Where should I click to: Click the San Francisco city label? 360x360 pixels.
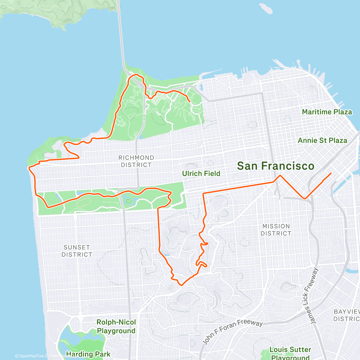click(275, 166)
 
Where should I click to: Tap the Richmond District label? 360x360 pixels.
click(136, 161)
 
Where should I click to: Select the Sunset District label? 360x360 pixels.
click(77, 251)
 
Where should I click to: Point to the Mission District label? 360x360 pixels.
click(276, 230)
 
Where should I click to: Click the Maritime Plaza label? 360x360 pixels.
click(327, 112)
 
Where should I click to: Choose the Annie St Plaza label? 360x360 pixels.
click(322, 140)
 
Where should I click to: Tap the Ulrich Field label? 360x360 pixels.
click(201, 173)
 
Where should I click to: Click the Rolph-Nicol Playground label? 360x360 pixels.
click(116, 326)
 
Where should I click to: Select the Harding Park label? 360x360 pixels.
click(88, 354)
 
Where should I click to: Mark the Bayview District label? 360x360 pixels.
click(346, 315)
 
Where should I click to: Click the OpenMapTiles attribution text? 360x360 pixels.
click(29, 356)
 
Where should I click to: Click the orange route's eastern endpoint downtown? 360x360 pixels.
click(331, 173)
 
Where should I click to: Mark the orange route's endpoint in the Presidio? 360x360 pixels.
click(190, 102)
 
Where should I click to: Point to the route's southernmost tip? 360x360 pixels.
click(181, 285)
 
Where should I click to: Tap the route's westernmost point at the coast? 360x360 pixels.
click(29, 168)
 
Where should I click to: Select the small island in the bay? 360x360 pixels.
click(266, 8)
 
